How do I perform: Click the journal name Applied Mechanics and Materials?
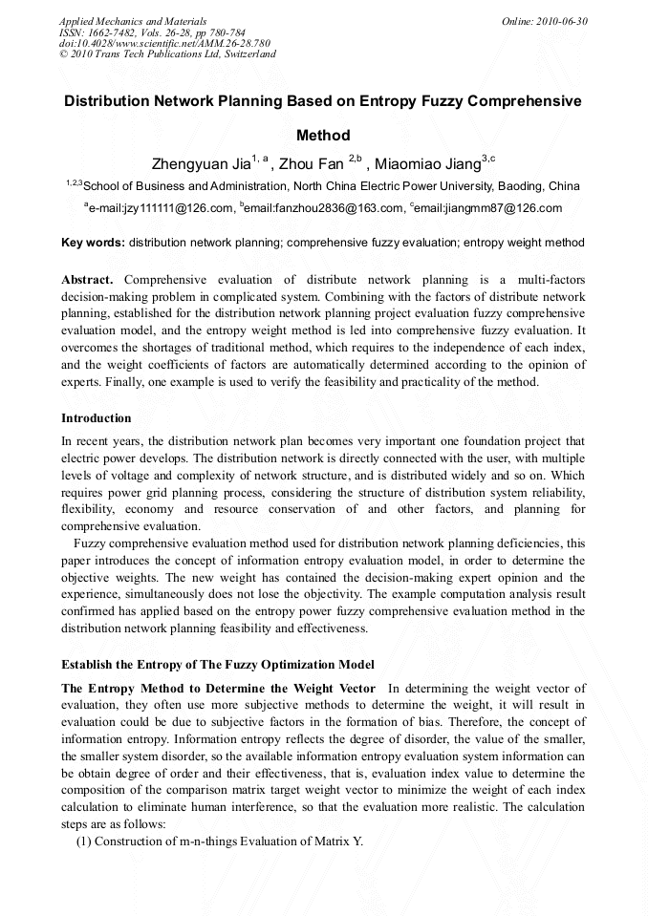pos(133,20)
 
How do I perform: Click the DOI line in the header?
pos(164,43)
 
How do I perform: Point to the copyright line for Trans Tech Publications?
pos(167,54)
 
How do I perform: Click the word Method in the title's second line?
pos(323,136)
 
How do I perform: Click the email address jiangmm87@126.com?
pos(488,207)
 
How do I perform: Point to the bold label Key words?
pos(93,243)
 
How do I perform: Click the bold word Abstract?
pos(87,280)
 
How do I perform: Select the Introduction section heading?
pos(97,418)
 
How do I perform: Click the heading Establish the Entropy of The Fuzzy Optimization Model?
pos(218,664)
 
